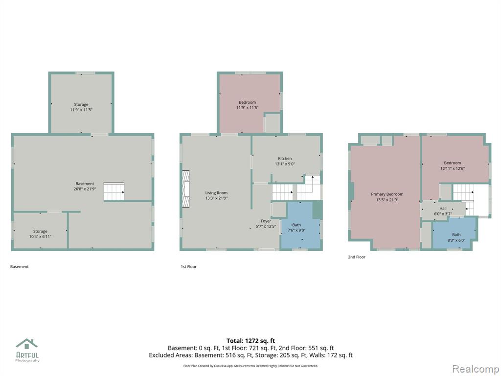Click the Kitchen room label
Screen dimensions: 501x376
[285, 159]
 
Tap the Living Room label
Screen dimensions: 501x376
[216, 193]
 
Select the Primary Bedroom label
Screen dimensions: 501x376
[387, 194]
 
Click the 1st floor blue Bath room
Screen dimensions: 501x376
[300, 225]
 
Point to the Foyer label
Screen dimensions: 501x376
[266, 221]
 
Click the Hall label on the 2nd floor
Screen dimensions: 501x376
[443, 209]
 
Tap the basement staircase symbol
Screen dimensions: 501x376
[114, 191]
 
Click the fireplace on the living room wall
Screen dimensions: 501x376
[185, 189]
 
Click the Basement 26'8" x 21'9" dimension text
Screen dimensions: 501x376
[85, 189]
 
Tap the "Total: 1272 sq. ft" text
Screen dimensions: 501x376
[250, 341]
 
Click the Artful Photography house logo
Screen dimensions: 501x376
[27, 344]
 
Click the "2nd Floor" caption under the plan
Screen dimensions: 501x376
[357, 257]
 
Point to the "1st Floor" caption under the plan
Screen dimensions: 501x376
[188, 267]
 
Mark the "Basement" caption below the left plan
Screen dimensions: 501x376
[20, 267]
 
